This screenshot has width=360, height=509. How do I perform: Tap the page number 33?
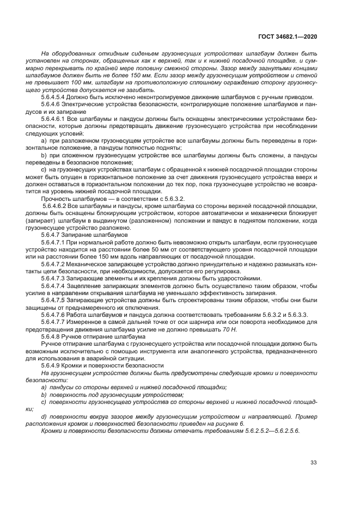point(313,463)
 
